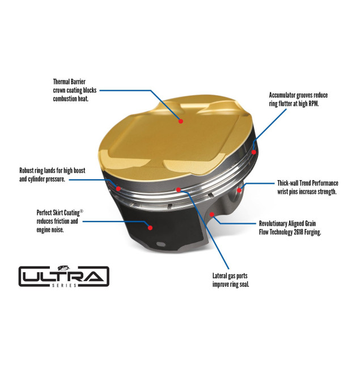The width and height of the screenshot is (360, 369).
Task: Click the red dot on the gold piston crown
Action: (x=181, y=121)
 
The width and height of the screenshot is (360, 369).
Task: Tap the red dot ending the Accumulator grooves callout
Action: (x=253, y=152)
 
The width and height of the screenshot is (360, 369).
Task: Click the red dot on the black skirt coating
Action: (x=150, y=227)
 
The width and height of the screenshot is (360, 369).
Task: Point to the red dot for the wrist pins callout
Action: (x=240, y=190)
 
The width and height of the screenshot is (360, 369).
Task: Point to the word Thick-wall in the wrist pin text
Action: (x=290, y=183)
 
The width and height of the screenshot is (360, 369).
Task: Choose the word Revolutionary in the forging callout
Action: (x=276, y=223)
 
